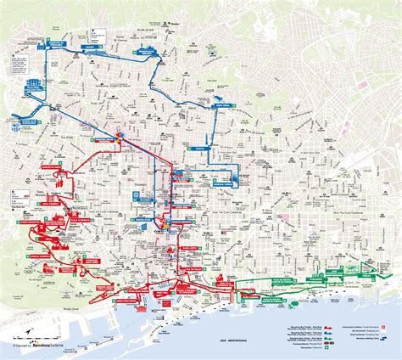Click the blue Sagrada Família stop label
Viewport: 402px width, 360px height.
pyautogui.click(x=223, y=183)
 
